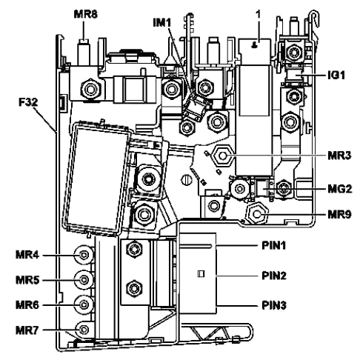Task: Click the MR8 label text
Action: (x=86, y=14)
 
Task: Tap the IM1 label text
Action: (x=162, y=23)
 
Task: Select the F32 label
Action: (x=28, y=102)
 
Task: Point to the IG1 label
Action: (x=336, y=76)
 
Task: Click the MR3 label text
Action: (x=339, y=156)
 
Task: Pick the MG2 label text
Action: (x=339, y=189)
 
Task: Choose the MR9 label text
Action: (x=339, y=214)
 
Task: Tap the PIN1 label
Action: (x=273, y=245)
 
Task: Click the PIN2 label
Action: (x=274, y=276)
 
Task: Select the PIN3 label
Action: (x=274, y=305)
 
